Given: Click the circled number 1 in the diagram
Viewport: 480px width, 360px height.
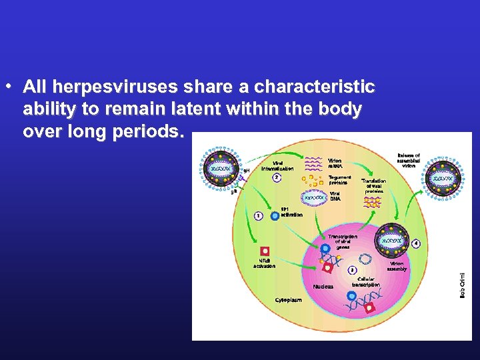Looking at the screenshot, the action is pyautogui.click(x=257, y=216).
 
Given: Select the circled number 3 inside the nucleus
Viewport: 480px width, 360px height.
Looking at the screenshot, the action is pyautogui.click(x=353, y=270).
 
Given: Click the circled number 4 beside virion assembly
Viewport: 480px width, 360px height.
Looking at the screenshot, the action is pyautogui.click(x=417, y=244).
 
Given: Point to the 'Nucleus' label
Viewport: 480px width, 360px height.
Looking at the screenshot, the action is pyautogui.click(x=323, y=287).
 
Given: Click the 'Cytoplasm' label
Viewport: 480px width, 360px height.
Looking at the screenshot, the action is pyautogui.click(x=289, y=300).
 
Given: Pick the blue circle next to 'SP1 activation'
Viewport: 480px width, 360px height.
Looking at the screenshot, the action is pyautogui.click(x=275, y=215).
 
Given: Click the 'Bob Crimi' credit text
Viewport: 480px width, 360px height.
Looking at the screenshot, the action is pyautogui.click(x=463, y=283).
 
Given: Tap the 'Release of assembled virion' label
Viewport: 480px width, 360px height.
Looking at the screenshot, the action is pyautogui.click(x=408, y=160).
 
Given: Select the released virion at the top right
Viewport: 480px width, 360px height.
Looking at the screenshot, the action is pyautogui.click(x=443, y=179).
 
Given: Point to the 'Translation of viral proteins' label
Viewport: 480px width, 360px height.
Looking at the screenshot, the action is pyautogui.click(x=374, y=186).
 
